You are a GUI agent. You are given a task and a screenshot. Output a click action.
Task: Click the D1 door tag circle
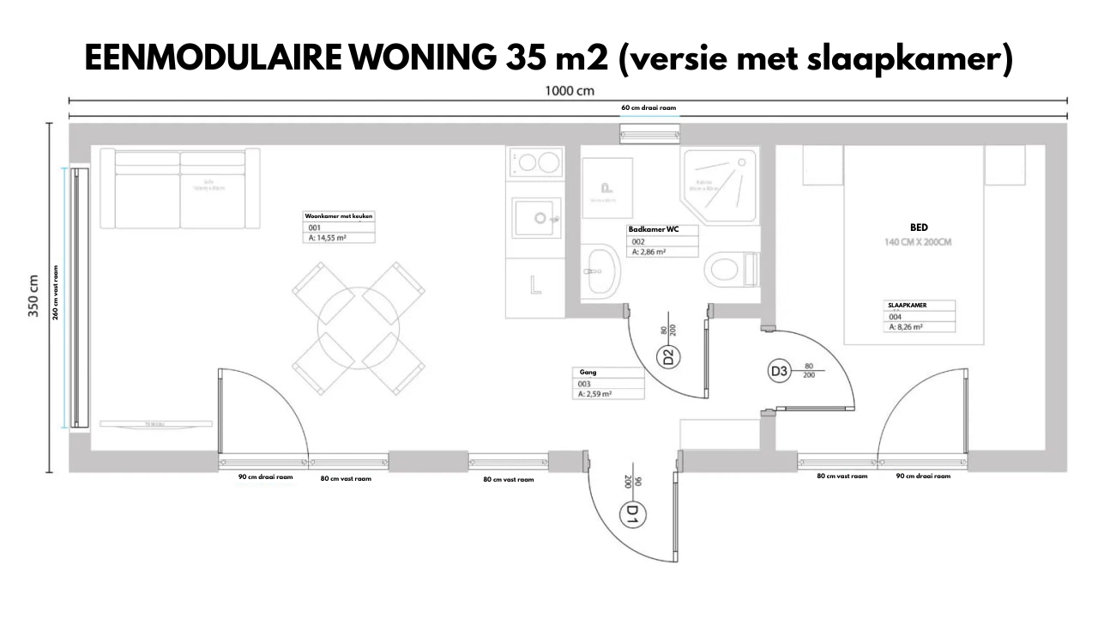point(631,515)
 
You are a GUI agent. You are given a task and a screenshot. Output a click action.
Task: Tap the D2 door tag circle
point(671,356)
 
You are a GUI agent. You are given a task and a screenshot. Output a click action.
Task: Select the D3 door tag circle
point(779,372)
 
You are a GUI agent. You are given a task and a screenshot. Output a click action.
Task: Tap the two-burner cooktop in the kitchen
point(536,162)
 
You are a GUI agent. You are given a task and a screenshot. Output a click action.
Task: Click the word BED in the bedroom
point(919,228)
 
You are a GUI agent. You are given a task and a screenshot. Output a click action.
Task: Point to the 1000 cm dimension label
point(570,90)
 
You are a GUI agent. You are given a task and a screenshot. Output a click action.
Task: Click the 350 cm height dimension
point(34,296)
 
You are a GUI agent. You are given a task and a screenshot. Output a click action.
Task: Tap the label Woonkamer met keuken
point(339,216)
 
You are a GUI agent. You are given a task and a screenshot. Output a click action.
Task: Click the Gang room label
point(588,373)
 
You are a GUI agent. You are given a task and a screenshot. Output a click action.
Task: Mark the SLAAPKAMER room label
point(907,305)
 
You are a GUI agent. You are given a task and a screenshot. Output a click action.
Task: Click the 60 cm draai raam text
point(649,108)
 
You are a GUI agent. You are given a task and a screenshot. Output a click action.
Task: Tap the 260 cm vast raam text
point(56,292)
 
